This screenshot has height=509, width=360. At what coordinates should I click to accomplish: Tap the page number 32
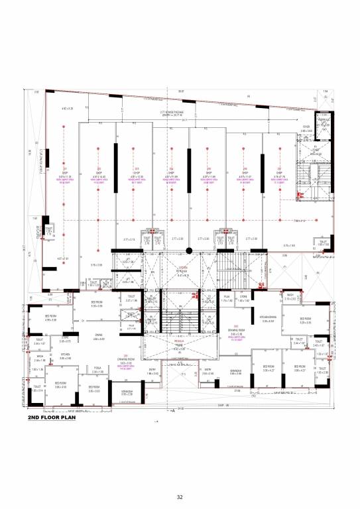tap(180, 497)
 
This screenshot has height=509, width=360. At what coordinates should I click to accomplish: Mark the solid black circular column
tap(189, 251)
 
